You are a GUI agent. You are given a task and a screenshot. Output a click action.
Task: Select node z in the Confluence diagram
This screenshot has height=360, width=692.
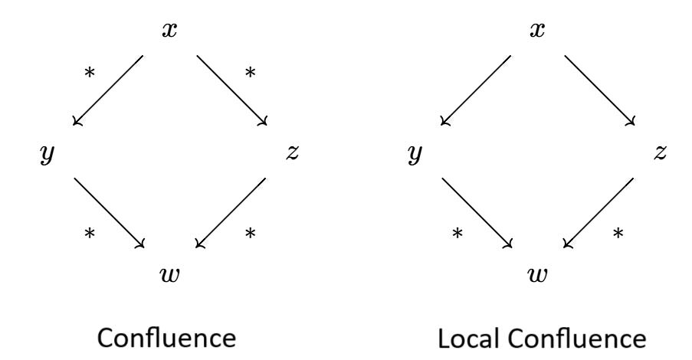(x=291, y=152)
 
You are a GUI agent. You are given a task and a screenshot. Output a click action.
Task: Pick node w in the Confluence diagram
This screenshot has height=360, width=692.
(x=170, y=273)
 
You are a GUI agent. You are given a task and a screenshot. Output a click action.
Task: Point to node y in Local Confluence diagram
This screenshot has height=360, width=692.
(x=416, y=154)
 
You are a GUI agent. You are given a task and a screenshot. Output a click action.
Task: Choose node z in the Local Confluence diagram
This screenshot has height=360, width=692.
(x=659, y=152)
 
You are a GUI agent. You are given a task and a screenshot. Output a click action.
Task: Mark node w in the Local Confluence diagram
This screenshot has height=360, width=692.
(x=537, y=273)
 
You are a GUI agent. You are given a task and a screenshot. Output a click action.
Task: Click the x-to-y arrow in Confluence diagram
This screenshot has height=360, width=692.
(x=108, y=90)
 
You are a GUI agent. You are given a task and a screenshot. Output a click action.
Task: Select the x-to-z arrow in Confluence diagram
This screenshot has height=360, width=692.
(x=232, y=90)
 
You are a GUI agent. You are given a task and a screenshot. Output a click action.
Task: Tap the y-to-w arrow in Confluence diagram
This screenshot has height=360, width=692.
(x=110, y=213)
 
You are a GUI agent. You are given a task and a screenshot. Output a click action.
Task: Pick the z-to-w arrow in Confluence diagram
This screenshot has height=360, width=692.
(x=231, y=213)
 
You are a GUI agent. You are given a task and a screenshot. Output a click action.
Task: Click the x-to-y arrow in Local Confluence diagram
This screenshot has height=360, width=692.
(x=476, y=90)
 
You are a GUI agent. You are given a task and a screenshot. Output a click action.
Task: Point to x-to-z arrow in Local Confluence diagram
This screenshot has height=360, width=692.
(x=600, y=90)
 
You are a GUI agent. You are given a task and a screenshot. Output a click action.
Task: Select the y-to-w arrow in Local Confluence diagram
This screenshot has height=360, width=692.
(x=477, y=213)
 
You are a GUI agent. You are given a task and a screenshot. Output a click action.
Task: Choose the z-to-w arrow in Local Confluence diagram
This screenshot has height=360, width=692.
(x=599, y=213)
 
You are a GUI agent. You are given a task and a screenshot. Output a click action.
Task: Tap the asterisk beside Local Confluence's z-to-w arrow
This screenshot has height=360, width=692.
(x=618, y=233)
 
